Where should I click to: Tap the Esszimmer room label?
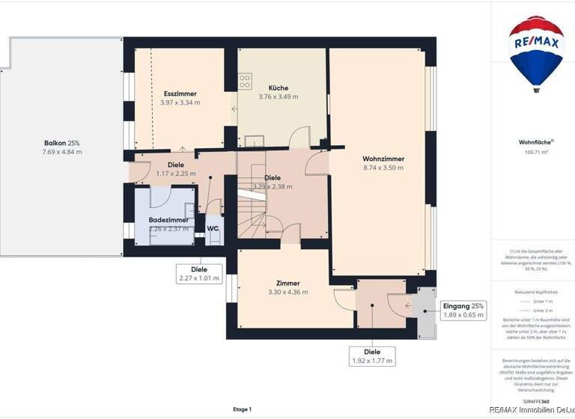pos(180,94)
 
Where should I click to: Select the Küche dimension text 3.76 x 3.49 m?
pos(278,97)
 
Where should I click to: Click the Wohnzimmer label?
pos(383,159)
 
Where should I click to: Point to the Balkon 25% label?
pos(61,143)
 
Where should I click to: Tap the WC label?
pos(213,228)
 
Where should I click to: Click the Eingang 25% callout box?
pos(463,311)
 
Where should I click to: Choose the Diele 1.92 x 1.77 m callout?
pos(372,356)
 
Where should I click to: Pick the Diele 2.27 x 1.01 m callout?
pos(199,274)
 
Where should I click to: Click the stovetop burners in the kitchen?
pos(245,80)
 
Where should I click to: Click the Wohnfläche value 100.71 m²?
pos(536,152)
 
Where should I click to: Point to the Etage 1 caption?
pos(242,409)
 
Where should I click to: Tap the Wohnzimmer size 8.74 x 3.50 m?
pos(383,168)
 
